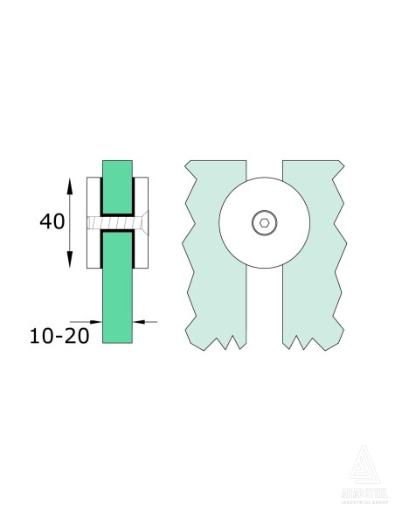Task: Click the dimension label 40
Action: (52, 222)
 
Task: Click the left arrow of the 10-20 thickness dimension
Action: (96, 321)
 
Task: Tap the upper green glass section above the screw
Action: (118, 185)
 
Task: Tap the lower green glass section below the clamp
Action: (118, 297)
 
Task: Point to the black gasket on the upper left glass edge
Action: (104, 197)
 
